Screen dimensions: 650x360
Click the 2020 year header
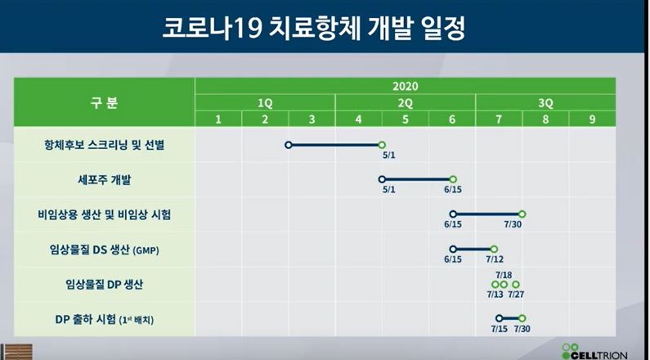405,86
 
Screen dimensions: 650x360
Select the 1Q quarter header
265,103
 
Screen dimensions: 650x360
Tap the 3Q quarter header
545,103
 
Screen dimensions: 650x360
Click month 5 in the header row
405,119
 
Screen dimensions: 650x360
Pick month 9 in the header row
592,119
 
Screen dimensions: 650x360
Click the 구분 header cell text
104,102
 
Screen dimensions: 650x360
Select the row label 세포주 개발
104,180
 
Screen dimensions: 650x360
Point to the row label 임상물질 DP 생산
104,285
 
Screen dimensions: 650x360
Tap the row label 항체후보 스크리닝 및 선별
104,145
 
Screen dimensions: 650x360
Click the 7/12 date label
495,259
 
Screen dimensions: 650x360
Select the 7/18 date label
504,275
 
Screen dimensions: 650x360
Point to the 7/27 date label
516,295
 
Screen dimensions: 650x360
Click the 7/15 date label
499,329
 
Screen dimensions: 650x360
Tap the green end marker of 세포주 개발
453,179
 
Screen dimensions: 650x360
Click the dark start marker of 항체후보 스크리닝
289,145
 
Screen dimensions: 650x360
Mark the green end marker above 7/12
494,250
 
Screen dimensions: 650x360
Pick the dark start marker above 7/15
499,318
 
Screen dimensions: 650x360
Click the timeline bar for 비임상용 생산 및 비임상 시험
487,214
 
